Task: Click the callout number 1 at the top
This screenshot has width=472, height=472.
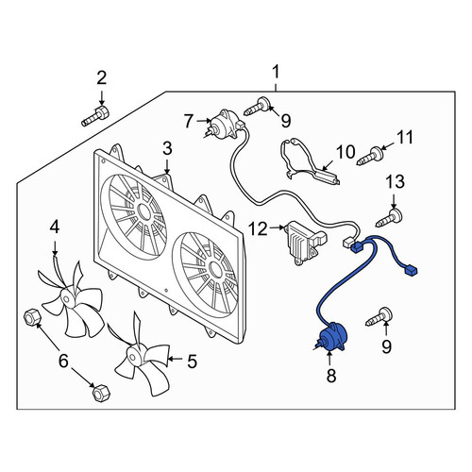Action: point(276,72)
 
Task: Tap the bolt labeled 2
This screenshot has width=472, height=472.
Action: point(94,116)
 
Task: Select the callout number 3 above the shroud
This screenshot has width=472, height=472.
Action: point(167,148)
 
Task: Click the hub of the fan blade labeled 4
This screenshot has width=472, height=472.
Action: point(67,297)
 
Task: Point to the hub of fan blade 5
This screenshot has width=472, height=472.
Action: point(132,356)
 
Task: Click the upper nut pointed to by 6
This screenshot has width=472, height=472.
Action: point(32,317)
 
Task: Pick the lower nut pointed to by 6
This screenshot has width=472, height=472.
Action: point(101,394)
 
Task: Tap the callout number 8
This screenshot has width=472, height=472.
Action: point(331,375)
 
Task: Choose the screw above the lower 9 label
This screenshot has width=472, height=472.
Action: point(379,317)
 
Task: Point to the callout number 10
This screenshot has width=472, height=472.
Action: point(346,152)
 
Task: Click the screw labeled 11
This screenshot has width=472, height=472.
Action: point(370,157)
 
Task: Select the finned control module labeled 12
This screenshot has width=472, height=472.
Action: point(305,243)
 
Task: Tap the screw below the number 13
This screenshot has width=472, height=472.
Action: point(389,217)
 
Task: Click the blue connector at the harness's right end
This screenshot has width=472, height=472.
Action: point(411,270)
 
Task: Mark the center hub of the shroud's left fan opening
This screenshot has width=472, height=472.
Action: point(144,212)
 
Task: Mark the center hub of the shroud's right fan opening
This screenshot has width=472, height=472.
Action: point(215,269)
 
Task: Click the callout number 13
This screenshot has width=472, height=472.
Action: point(396,181)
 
